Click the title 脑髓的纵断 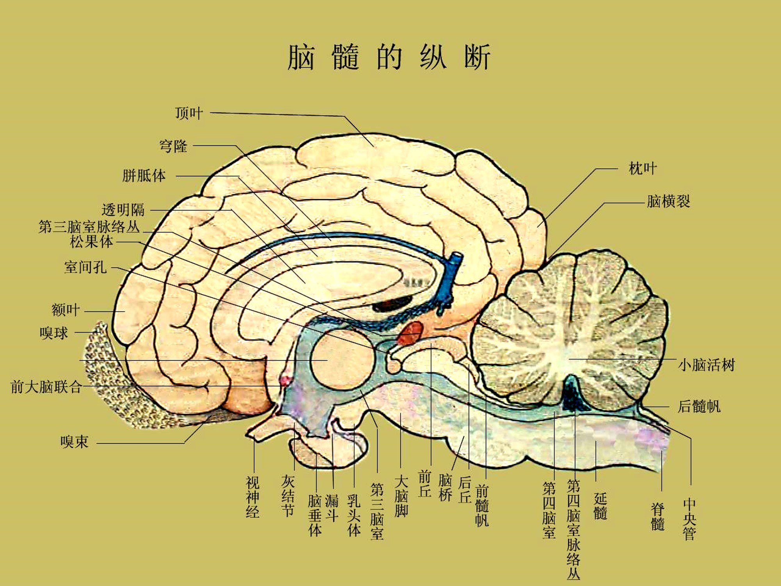click(x=389, y=57)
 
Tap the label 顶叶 click(x=189, y=113)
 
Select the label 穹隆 click(x=173, y=146)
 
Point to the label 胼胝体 click(x=144, y=176)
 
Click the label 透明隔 click(x=123, y=210)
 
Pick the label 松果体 click(x=91, y=242)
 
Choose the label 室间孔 click(x=85, y=267)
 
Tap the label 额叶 click(x=66, y=310)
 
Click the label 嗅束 click(x=74, y=442)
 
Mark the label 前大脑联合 click(x=46, y=387)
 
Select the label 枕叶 click(x=643, y=168)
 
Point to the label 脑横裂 click(x=668, y=202)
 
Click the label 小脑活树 click(x=706, y=365)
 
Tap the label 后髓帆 click(x=699, y=406)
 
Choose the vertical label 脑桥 click(x=445, y=488)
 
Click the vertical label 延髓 click(x=600, y=506)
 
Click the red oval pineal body click(x=411, y=332)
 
